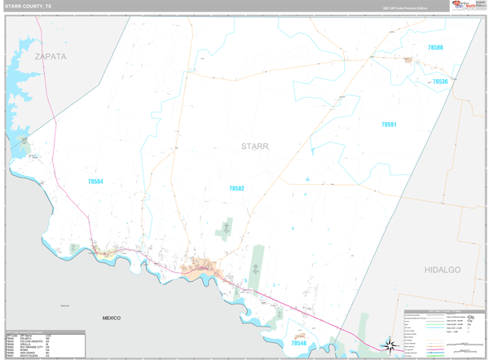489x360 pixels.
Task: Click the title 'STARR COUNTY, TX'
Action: tap(29, 7)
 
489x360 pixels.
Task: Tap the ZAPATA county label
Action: tap(51, 56)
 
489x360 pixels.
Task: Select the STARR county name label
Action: tap(254, 147)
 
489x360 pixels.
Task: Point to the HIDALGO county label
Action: tap(443, 269)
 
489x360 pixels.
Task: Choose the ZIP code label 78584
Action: tap(95, 181)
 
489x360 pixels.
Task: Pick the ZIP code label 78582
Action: tap(236, 188)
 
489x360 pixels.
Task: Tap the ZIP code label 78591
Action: tap(388, 125)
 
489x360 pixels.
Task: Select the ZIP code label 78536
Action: tap(440, 81)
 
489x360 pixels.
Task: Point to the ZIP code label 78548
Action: tap(301, 344)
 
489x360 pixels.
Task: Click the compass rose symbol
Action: tap(390, 345)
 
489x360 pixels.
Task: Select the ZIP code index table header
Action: tap(46, 334)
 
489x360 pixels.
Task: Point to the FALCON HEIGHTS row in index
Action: tap(46, 340)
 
